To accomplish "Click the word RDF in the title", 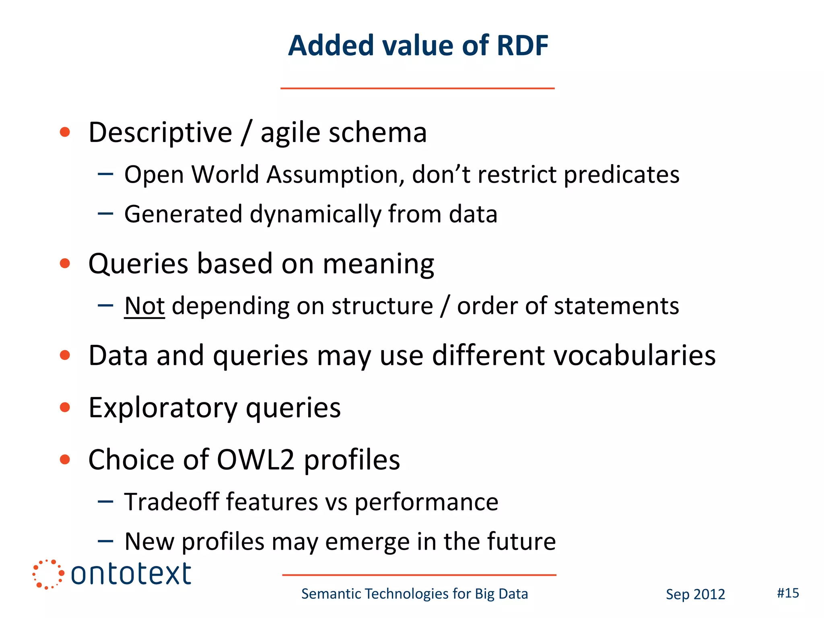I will click(522, 45).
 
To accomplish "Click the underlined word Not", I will click(144, 306).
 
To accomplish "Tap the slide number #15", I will click(788, 593).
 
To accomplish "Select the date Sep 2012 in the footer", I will click(695, 594).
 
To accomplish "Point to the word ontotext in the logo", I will click(131, 574).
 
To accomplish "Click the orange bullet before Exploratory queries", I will click(65, 407).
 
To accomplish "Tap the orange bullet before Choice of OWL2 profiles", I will click(65, 459).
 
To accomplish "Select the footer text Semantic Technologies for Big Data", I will click(414, 594).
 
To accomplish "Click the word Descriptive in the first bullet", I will click(160, 133).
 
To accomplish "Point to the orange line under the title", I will click(417, 88).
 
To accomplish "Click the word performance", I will click(426, 503).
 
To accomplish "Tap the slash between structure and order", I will click(445, 306).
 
